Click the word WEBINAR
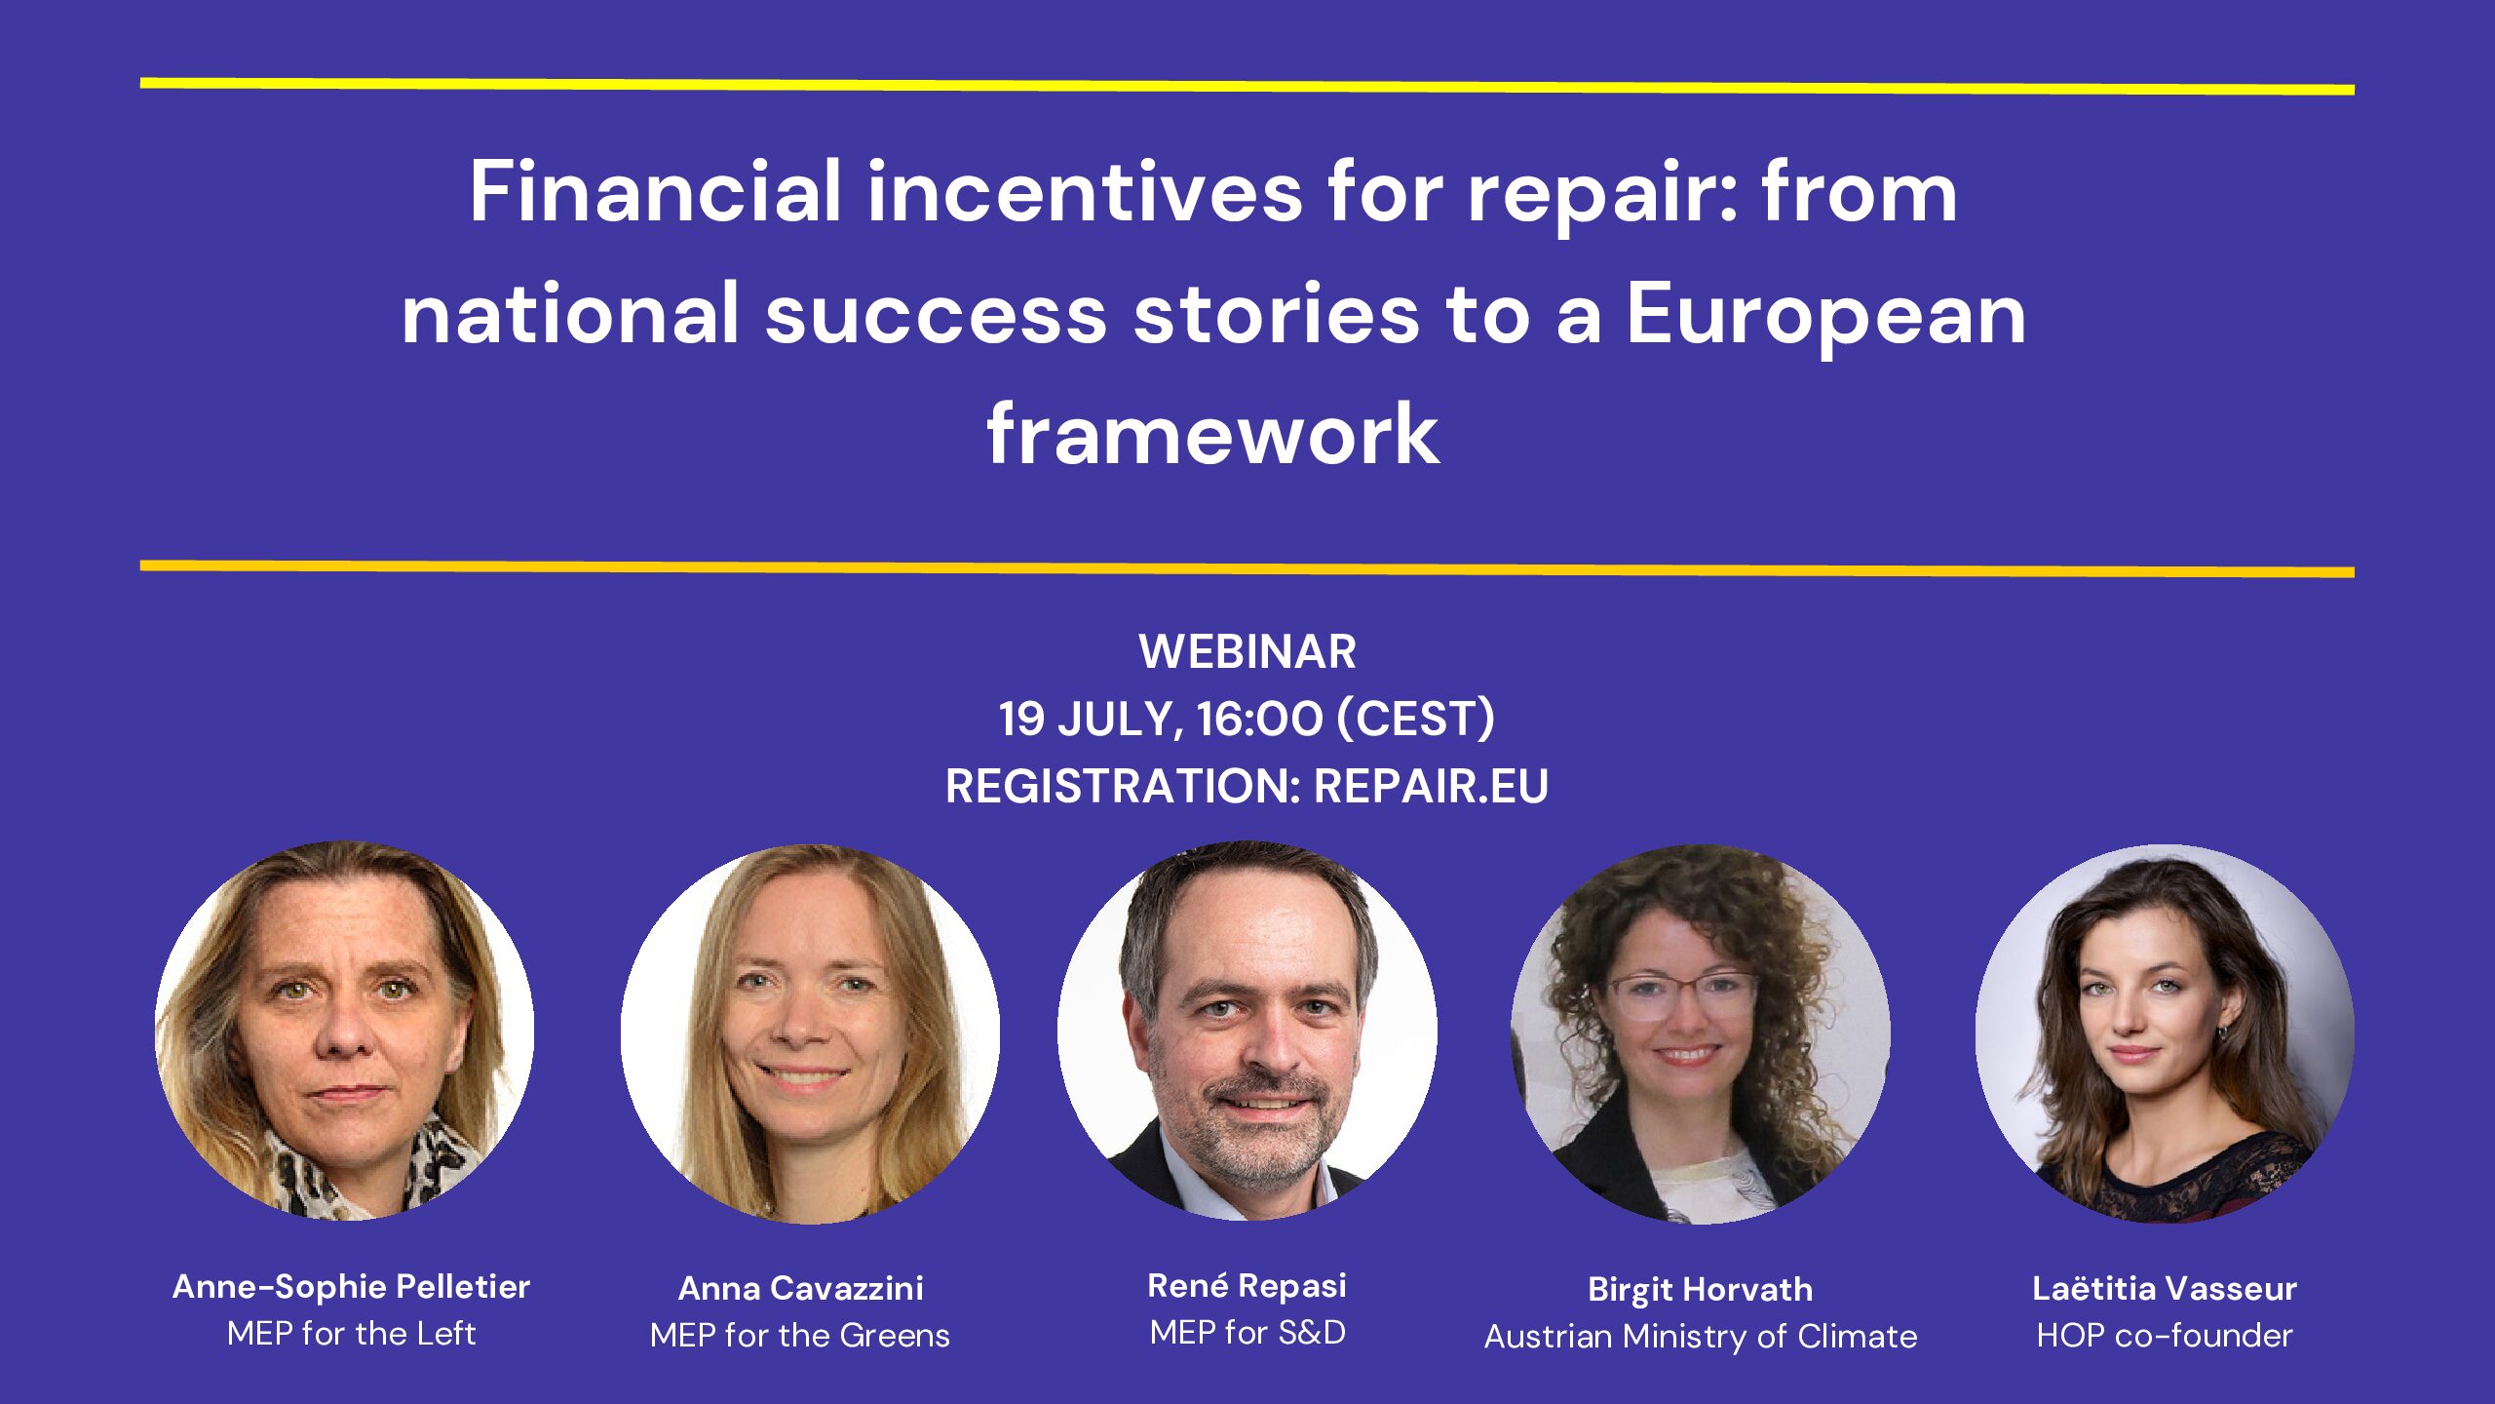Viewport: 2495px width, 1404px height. pyautogui.click(x=1247, y=651)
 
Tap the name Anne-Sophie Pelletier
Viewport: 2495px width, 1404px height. pyautogui.click(x=351, y=1287)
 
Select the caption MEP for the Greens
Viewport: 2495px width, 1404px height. pyautogui.click(x=800, y=1335)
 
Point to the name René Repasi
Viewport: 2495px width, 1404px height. pyautogui.click(x=1247, y=1286)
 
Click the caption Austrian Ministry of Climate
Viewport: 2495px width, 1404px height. pyautogui.click(x=1701, y=1337)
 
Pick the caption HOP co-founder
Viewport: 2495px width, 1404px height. pyautogui.click(x=2165, y=1335)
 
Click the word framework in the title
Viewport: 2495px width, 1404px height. pyautogui.click(x=1212, y=434)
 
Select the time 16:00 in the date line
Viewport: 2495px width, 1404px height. pyautogui.click(x=1259, y=719)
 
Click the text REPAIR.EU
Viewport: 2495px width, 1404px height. pyautogui.click(x=1431, y=786)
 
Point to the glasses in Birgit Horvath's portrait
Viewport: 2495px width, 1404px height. pyautogui.click(x=1683, y=995)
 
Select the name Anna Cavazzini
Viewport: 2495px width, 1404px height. pyautogui.click(x=800, y=1288)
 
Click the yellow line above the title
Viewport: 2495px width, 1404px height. pyautogui.click(x=1247, y=87)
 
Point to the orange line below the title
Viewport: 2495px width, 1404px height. pyautogui.click(x=1247, y=568)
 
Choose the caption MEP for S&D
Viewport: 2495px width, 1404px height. pyautogui.click(x=1247, y=1332)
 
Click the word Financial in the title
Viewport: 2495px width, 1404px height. pyautogui.click(x=655, y=192)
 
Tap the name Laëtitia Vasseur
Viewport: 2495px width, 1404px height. pyautogui.click(x=2165, y=1288)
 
